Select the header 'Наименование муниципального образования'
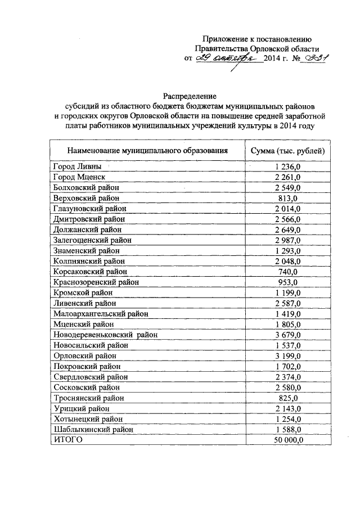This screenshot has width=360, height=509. point(147,151)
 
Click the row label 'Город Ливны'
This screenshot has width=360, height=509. point(78,166)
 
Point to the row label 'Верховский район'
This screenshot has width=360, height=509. point(86,198)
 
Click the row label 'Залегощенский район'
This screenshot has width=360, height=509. point(93,240)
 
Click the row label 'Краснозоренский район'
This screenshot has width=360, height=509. point(96,282)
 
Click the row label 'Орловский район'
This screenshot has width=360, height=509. point(85,355)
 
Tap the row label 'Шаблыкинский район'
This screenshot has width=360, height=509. point(93,429)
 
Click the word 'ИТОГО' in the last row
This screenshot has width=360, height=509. point(67,439)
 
